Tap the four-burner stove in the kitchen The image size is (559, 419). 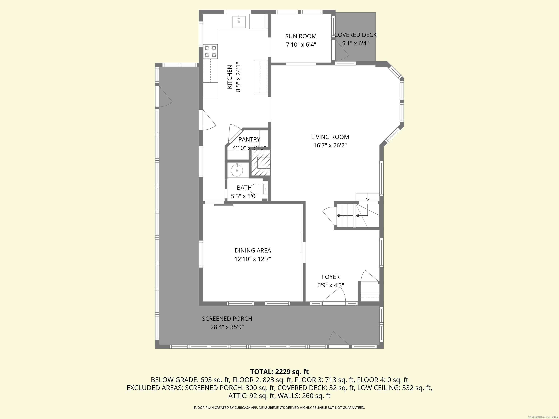210,51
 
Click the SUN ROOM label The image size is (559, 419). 301,36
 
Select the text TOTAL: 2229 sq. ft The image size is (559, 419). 279,372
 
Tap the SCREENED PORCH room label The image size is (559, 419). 227,319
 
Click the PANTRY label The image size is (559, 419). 249,139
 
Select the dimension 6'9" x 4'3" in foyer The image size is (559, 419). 331,285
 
